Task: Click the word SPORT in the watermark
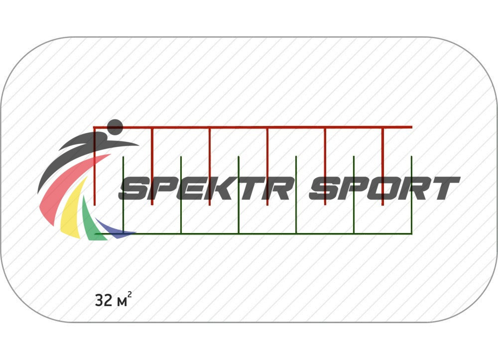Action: [x=383, y=188]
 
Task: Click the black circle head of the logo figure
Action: [x=115, y=127]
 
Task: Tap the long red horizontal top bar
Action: [x=299, y=127]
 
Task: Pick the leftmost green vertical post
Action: [x=123, y=214]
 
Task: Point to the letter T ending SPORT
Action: [x=444, y=188]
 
